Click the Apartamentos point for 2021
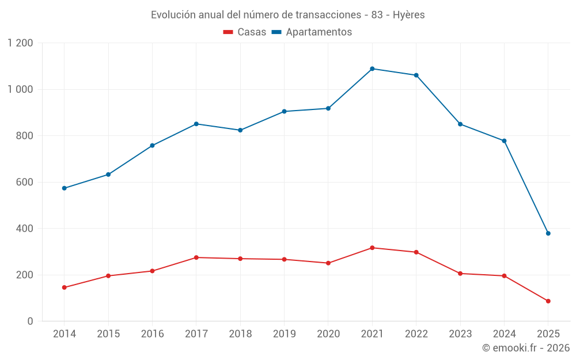[x=372, y=69]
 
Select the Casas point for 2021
[x=372, y=248]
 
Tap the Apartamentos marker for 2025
[x=548, y=233]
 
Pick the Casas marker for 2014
[x=64, y=287]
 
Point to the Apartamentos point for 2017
[x=196, y=124]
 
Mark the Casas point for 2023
[x=460, y=274]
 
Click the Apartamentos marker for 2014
[x=64, y=188]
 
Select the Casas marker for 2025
[x=548, y=301]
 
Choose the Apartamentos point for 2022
[x=416, y=75]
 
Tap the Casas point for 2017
[x=196, y=257]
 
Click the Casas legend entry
[x=245, y=32]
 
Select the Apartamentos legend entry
[x=312, y=32]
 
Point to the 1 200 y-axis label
[x=21, y=43]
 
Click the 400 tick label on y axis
[x=24, y=229]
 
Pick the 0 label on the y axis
[x=31, y=321]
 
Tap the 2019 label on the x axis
[x=285, y=334]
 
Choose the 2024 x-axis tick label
[x=504, y=334]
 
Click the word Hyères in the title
[x=409, y=15]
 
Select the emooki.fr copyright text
[x=526, y=348]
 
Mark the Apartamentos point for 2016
[x=152, y=146]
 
